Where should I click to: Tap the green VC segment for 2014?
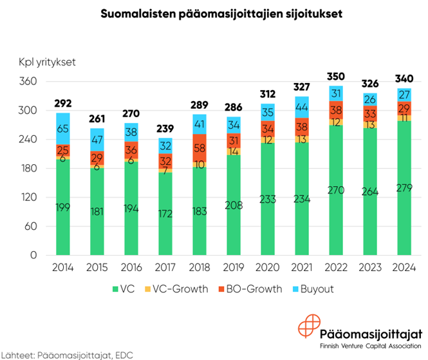(x=63, y=206)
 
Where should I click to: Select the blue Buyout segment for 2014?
(x=63, y=129)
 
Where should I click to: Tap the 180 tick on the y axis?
(x=26, y=168)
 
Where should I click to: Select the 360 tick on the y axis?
(x=26, y=81)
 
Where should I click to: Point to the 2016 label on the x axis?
(x=131, y=268)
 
